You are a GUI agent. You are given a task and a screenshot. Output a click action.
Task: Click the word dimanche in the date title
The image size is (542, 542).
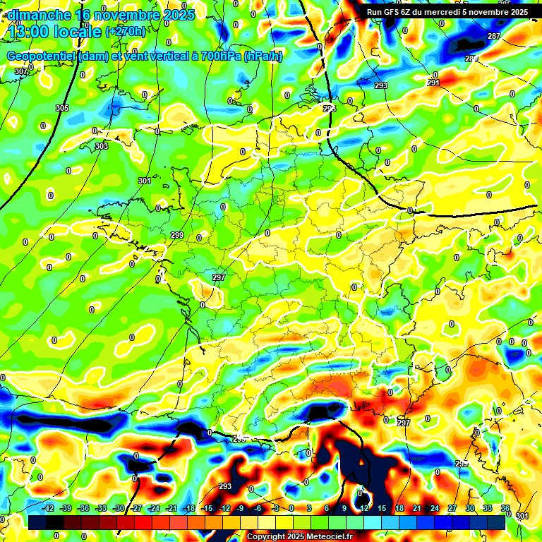40,15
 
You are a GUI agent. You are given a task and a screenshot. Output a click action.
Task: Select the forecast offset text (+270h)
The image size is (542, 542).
125,32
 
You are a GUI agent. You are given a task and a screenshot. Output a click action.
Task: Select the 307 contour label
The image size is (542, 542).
20,71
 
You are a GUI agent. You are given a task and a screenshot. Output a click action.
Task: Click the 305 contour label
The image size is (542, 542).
62,108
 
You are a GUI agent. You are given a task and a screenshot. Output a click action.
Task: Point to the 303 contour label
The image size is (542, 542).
101,146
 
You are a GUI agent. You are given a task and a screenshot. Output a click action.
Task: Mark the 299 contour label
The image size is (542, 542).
177,235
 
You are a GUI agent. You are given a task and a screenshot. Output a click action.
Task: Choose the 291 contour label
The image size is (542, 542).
433,83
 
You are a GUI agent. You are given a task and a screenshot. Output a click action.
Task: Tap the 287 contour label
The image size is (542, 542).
493,36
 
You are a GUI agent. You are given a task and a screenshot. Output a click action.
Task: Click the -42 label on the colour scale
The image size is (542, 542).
48,509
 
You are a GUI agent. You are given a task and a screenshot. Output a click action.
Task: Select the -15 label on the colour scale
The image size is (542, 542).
207,509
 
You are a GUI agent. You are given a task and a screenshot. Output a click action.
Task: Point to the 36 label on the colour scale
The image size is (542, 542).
505,509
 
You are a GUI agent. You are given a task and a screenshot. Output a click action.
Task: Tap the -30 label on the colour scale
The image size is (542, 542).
119,509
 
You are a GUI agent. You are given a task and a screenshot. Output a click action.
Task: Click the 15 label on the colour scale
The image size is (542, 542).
381,509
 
